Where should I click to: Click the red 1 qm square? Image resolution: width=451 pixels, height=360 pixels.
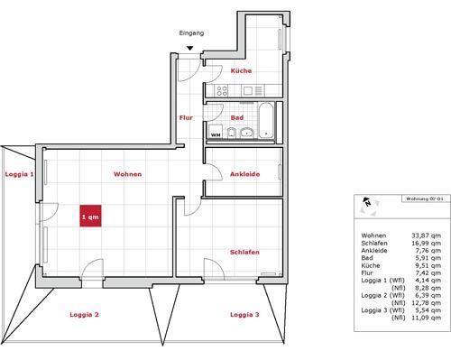coord(90,217)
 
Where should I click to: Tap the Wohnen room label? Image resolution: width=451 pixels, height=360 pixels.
coord(127,173)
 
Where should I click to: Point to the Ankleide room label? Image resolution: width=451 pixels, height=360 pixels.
coord(244,173)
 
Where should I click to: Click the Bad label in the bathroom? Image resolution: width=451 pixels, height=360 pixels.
coord(237,117)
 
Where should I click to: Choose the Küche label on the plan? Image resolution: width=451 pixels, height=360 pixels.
coord(241,70)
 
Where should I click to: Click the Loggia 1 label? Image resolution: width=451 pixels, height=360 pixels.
coord(19,173)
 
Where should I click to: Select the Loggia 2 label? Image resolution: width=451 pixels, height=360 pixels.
coord(85,314)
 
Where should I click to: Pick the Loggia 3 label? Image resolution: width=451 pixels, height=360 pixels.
coord(244,314)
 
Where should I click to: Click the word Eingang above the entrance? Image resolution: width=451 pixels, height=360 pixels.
coord(192,32)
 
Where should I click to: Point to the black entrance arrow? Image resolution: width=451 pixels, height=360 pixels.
coord(189,49)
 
